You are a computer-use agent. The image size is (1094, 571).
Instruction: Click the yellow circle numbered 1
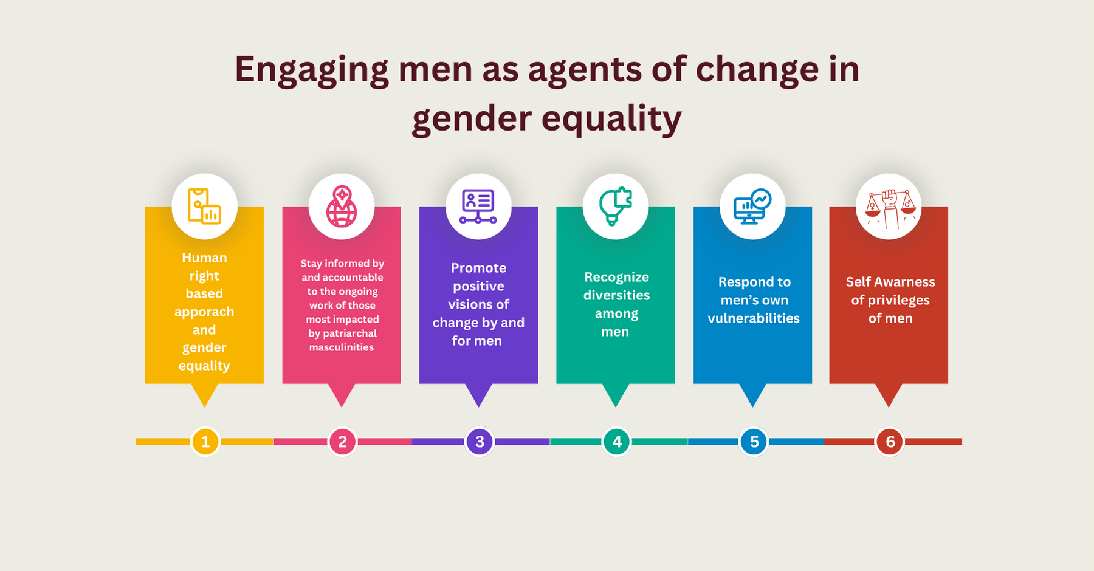205,442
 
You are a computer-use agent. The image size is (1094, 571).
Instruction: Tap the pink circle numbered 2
343,442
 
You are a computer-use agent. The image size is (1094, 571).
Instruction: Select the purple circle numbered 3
480,442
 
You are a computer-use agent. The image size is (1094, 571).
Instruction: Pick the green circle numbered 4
617,442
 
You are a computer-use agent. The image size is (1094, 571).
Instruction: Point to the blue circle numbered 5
754,442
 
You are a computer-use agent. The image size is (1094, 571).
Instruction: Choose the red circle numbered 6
890,442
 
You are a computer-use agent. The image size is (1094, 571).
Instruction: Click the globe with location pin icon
342,207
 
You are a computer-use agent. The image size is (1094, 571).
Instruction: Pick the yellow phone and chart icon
204,207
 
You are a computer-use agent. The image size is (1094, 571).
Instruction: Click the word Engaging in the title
311,69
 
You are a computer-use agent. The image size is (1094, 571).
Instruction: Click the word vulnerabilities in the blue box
754,318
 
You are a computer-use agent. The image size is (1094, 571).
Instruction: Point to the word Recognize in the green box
616,277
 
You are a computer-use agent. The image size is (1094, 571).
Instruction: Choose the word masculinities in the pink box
342,347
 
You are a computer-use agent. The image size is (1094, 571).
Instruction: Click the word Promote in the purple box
478,268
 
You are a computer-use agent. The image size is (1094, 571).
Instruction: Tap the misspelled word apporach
204,312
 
